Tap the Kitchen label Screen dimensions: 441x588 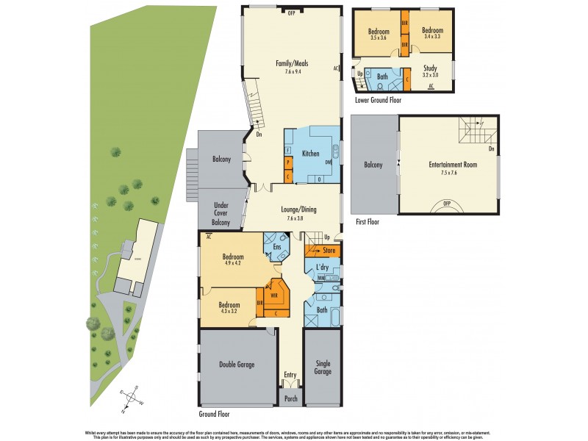[x=310, y=154]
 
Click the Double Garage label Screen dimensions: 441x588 [x=237, y=364]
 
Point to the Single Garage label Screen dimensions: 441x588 [x=323, y=367]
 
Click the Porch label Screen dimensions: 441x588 [x=290, y=401]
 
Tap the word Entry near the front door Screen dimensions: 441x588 [x=290, y=375]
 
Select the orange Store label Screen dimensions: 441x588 [x=329, y=251]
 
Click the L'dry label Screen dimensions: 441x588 [x=321, y=266]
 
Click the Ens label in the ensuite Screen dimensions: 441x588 [x=277, y=247]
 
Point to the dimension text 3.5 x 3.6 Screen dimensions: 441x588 [x=378, y=37]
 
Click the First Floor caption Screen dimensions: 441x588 [x=365, y=220]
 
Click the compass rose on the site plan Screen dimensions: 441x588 [x=132, y=397]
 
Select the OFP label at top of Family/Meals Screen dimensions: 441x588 [x=290, y=13]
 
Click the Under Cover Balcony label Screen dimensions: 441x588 [x=221, y=214]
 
